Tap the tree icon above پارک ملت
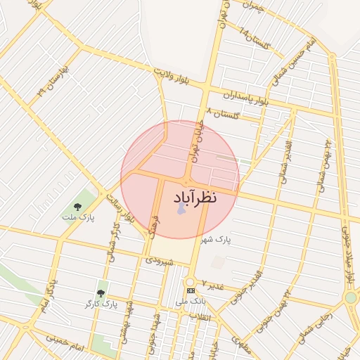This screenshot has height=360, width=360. click(77, 207)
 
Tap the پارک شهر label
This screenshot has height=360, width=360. click(215, 240)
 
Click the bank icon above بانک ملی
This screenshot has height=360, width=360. click(190, 290)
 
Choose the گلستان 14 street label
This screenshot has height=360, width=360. click(255, 40)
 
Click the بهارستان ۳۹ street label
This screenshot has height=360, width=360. click(55, 81)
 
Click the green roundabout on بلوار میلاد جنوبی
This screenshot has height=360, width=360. click(350, 298)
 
